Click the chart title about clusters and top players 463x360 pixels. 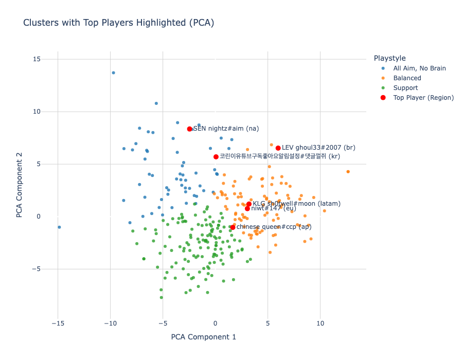pyautogui.click(x=118, y=23)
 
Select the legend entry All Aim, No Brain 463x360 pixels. pyautogui.click(x=419, y=68)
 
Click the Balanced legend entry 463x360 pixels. pyautogui.click(x=407, y=78)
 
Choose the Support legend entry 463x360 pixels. pyautogui.click(x=405, y=88)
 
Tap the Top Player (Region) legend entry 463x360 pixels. pyautogui.click(x=423, y=98)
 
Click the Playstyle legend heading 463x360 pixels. pyautogui.click(x=389, y=58)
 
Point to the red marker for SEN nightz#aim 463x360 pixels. pyautogui.click(x=190, y=129)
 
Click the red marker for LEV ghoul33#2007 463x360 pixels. pyautogui.click(x=278, y=148)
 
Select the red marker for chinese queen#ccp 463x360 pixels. pyautogui.click(x=233, y=227)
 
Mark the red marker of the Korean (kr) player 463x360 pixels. pyautogui.click(x=216, y=157)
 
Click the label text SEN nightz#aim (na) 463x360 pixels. pyautogui.click(x=226, y=129)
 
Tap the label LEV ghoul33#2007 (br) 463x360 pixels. pyautogui.click(x=318, y=148)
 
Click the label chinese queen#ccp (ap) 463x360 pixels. pyautogui.click(x=274, y=227)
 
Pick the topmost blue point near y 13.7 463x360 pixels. pyautogui.click(x=114, y=73)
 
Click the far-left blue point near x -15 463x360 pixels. pyautogui.click(x=59, y=227)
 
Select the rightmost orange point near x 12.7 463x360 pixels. pyautogui.click(x=348, y=172)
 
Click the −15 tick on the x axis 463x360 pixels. pyautogui.click(x=58, y=323)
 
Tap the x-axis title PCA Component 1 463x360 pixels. pyautogui.click(x=203, y=337)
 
